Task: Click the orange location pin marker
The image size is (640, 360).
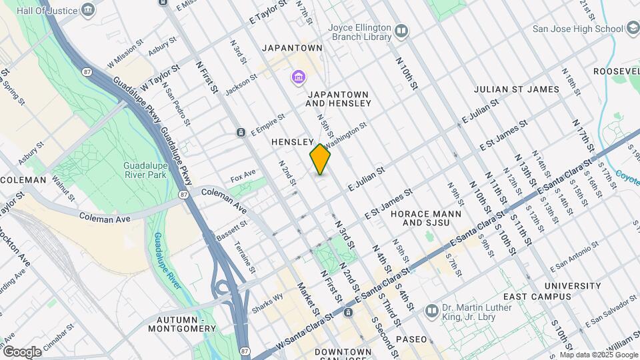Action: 321,159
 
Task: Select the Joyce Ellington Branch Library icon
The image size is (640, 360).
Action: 401,30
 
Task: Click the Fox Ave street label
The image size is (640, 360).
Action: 243,176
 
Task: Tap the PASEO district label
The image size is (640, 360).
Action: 411,339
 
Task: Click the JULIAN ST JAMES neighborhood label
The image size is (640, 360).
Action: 517,89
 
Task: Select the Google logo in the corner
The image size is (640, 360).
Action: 21,351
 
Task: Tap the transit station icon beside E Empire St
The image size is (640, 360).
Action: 240,133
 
